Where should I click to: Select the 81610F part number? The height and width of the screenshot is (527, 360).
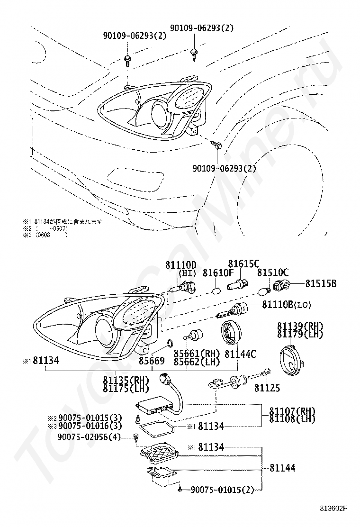218,273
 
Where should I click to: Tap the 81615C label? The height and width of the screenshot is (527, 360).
243,264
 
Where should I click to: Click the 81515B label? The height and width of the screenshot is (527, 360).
321,284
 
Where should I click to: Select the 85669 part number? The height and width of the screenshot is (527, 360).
152,361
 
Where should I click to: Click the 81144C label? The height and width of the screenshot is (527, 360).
241,354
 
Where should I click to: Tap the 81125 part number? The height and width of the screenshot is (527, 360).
267,388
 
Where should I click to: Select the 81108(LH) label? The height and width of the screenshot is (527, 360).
292,419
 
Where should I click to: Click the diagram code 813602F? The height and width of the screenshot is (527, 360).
333,509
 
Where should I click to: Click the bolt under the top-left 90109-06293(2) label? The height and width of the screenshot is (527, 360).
128,59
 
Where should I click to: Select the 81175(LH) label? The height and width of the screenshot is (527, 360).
126,388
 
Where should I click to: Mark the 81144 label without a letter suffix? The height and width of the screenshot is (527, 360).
283,468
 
